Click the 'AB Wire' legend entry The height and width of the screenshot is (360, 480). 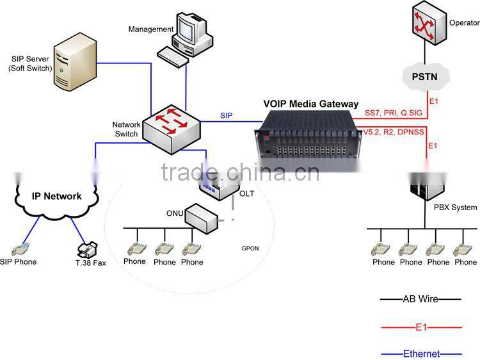(419, 299)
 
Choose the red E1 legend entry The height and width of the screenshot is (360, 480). (419, 326)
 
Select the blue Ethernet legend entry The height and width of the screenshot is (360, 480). (419, 353)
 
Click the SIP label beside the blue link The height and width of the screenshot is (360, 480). (226, 115)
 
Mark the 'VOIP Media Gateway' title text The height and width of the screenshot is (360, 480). (311, 104)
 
